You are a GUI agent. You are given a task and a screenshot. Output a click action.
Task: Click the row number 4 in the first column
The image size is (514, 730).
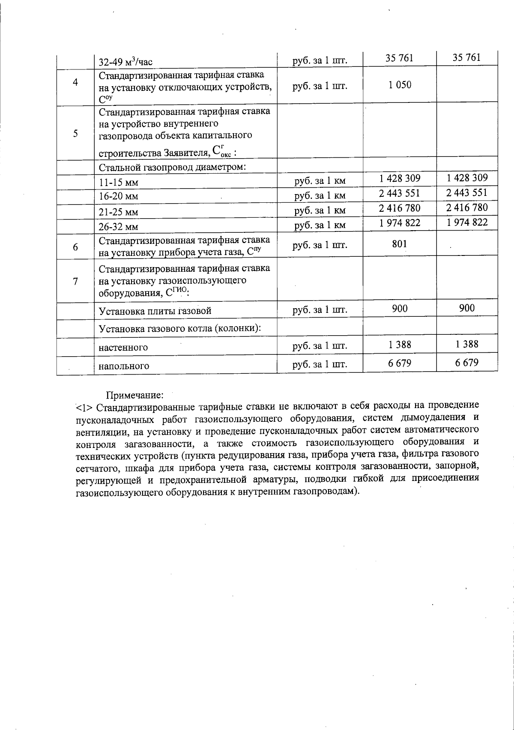(x=75, y=82)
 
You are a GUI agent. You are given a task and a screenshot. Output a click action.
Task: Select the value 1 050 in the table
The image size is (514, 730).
(x=400, y=85)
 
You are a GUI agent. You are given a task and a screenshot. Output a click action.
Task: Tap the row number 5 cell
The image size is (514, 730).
(x=75, y=133)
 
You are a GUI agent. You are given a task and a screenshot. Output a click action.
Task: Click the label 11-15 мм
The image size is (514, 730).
(x=119, y=183)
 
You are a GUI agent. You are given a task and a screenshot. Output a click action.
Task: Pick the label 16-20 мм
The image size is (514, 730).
(x=119, y=197)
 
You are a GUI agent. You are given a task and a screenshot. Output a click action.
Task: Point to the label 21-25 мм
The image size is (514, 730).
(x=119, y=212)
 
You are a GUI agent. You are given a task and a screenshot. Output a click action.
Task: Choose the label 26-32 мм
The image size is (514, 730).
(x=119, y=227)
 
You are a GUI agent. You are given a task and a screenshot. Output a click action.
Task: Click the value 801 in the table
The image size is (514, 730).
(x=399, y=244)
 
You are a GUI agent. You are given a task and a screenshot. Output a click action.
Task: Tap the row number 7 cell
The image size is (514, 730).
(x=75, y=281)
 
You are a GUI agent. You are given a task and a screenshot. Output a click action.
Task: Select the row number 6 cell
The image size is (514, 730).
(x=75, y=247)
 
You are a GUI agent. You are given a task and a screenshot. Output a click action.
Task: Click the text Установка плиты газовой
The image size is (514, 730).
(x=155, y=311)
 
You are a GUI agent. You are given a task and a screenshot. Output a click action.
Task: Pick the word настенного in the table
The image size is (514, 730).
(x=123, y=347)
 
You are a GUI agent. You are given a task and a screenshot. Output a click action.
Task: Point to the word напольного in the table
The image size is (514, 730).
(x=124, y=366)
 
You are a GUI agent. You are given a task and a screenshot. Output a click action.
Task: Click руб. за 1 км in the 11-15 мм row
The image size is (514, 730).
(x=320, y=181)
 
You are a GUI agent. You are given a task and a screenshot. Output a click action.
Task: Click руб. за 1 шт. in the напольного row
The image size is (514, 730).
(x=320, y=364)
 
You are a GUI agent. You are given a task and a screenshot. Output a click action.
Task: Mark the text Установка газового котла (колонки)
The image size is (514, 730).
(x=180, y=329)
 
